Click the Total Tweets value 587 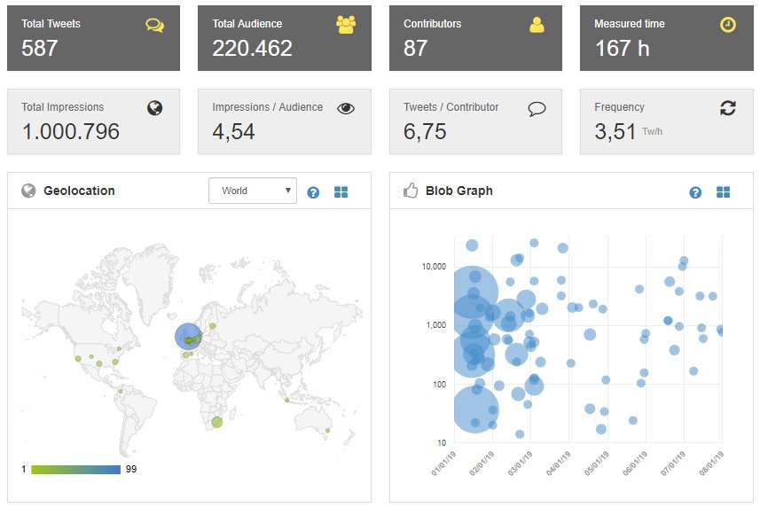tap(40, 48)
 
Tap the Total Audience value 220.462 tap(252, 48)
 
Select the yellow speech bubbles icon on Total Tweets tap(155, 25)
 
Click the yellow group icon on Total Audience tap(346, 25)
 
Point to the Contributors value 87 tap(416, 48)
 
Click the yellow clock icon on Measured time tap(727, 25)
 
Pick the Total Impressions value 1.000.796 tap(70, 131)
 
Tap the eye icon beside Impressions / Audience tap(346, 108)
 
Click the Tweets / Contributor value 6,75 tap(425, 131)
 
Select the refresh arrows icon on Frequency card tap(727, 108)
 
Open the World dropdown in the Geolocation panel tap(253, 191)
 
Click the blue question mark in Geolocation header tap(313, 191)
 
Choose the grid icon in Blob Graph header tap(723, 192)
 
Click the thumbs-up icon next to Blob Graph tap(410, 191)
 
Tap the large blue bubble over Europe tap(187, 336)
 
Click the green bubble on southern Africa tap(215, 423)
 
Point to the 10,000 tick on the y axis tap(432, 267)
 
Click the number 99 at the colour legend tap(130, 468)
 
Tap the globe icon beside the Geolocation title tap(28, 191)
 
